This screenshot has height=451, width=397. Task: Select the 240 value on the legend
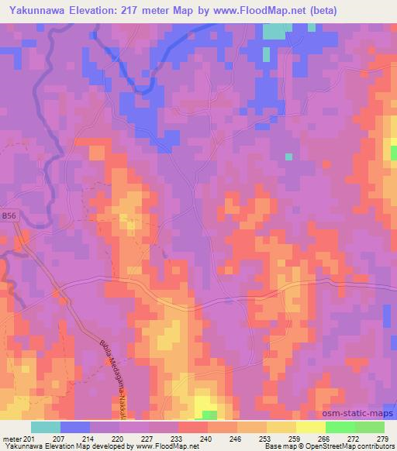(207, 439)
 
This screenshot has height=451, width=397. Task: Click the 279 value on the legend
(383, 439)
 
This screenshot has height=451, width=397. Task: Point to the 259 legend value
(295, 439)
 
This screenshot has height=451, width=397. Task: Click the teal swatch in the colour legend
(45, 427)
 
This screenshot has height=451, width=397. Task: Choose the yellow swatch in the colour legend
(310, 427)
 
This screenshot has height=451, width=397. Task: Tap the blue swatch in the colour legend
(74, 427)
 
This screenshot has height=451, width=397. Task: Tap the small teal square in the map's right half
(288, 157)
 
